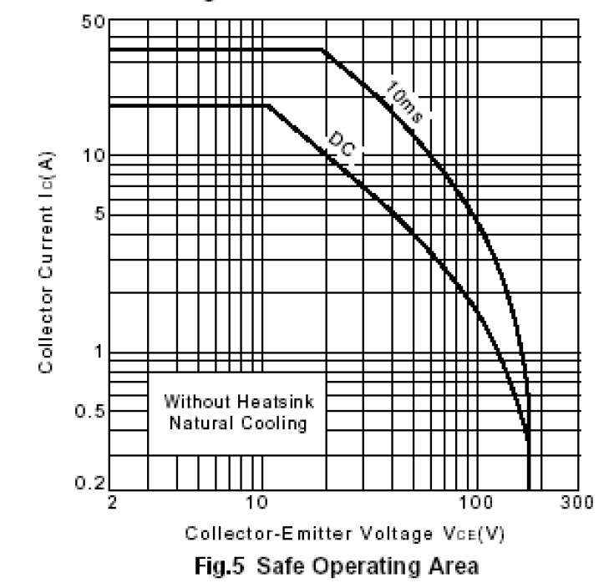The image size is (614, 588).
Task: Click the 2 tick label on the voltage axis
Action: pos(112,504)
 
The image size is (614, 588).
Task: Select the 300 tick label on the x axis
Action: pos(576,504)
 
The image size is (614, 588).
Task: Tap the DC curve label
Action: pos(337,147)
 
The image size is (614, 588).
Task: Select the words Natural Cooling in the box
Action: pos(235,423)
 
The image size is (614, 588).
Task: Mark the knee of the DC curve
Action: pos(267,105)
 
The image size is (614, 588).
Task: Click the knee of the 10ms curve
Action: pos(322,49)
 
